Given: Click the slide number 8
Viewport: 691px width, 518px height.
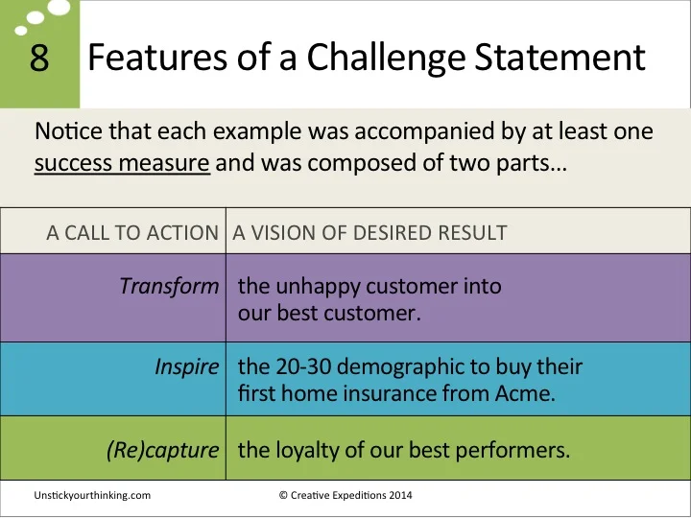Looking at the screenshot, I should click(x=38, y=59).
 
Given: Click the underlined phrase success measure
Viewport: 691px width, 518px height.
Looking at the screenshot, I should click(x=122, y=164).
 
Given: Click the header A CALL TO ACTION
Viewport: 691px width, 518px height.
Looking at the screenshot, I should click(x=132, y=233).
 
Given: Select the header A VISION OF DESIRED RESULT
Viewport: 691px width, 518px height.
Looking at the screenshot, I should click(x=370, y=233).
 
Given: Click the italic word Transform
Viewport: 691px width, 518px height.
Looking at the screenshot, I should click(x=170, y=286).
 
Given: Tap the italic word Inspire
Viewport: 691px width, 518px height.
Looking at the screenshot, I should click(x=187, y=367).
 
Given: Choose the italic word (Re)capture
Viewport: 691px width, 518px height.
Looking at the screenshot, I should click(x=163, y=449).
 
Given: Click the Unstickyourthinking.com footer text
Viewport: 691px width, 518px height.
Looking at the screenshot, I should click(x=92, y=495).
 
